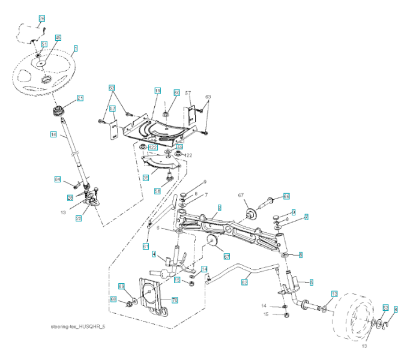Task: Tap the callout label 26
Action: pyautogui.click(x=70, y=197)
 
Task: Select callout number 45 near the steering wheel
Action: pyautogui.click(x=58, y=38)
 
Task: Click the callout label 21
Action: pyautogui.click(x=80, y=98)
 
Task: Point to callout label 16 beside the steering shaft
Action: pyautogui.click(x=53, y=136)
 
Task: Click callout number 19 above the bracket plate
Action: pyautogui.click(x=157, y=91)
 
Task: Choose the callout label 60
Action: pyautogui.click(x=176, y=92)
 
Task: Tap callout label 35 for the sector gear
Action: pyautogui.click(x=145, y=177)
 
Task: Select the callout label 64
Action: pyautogui.click(x=58, y=179)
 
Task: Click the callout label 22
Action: pyautogui.click(x=79, y=219)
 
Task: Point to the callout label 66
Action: pyautogui.click(x=286, y=196)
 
